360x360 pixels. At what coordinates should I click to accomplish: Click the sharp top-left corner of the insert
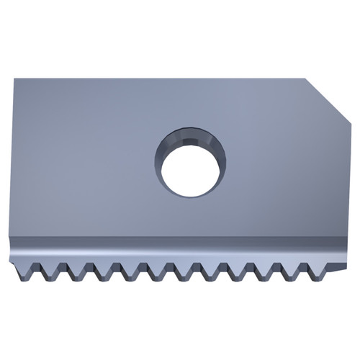[x=14, y=79]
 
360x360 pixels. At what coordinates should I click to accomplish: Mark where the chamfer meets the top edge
[x=305, y=79]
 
